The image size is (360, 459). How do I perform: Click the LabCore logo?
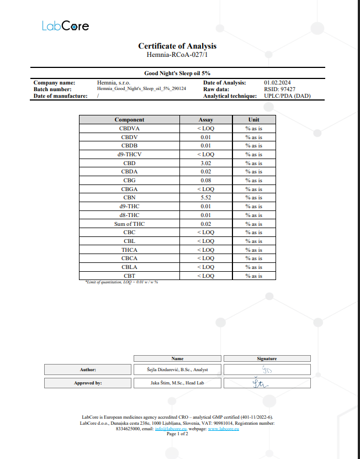click(65, 26)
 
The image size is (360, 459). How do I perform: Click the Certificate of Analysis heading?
click(177, 46)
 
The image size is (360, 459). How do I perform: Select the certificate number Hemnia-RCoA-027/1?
click(177, 55)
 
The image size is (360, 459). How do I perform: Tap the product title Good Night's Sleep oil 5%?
click(177, 73)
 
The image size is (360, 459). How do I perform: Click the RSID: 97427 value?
click(279, 89)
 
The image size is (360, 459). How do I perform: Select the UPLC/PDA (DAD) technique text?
click(287, 96)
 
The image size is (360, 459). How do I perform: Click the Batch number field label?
click(52, 89)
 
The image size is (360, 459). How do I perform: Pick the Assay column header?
click(205, 119)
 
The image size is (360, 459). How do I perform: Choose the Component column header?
click(129, 119)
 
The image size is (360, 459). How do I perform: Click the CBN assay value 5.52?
click(205, 198)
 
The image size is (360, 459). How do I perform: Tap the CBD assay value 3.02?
click(205, 163)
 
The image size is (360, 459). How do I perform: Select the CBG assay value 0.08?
click(205, 181)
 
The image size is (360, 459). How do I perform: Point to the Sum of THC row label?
click(129, 224)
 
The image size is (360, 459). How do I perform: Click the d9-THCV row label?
click(129, 155)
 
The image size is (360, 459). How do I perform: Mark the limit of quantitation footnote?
click(121, 282)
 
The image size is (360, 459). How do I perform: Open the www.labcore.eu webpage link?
click(224, 429)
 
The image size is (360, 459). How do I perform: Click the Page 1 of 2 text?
click(177, 434)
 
